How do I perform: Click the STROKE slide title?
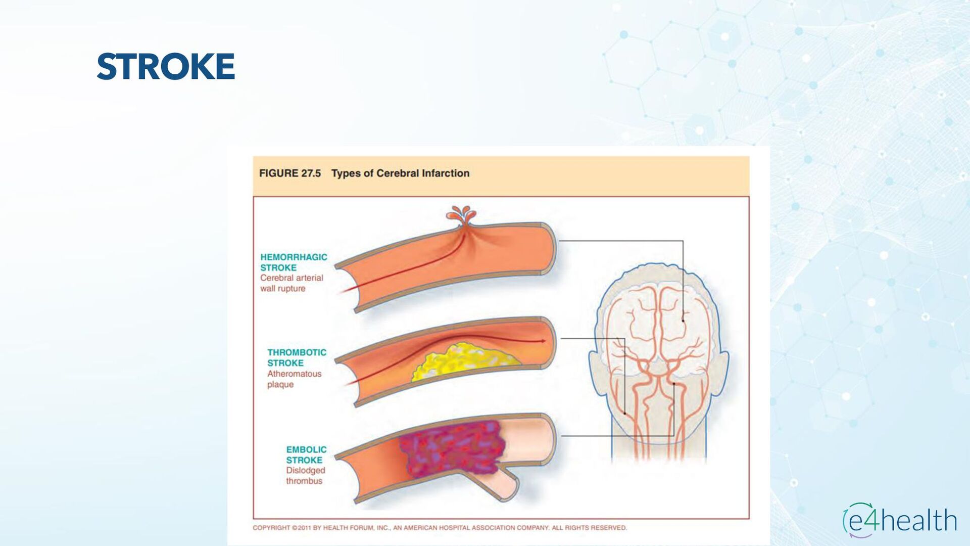coord(166,66)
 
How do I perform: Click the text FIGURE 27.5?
coord(289,173)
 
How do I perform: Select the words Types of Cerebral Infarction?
coord(400,173)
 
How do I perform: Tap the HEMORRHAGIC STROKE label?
coord(294,262)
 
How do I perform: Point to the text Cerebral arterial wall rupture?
coord(292,283)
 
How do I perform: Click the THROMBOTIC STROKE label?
coord(297,357)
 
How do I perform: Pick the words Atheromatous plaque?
coord(294,379)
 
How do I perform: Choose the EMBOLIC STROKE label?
coord(306,454)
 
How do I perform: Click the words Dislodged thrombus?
coord(305,476)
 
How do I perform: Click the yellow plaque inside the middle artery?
coord(464,360)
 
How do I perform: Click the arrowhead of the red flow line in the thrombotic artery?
coord(543,341)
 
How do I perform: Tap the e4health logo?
coord(900,520)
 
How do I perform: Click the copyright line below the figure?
coord(440,528)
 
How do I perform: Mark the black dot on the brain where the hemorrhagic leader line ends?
coord(683,320)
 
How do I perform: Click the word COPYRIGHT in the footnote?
coord(271,528)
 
